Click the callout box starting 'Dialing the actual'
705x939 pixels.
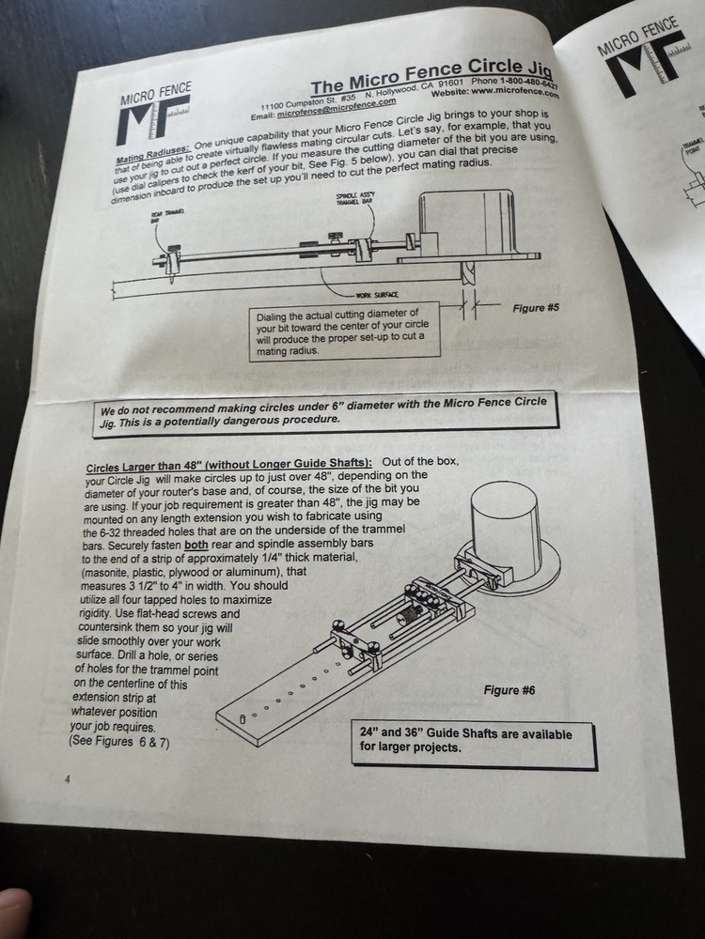pos(344,331)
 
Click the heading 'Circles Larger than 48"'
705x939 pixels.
pos(228,465)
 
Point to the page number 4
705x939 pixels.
pos(67,778)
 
